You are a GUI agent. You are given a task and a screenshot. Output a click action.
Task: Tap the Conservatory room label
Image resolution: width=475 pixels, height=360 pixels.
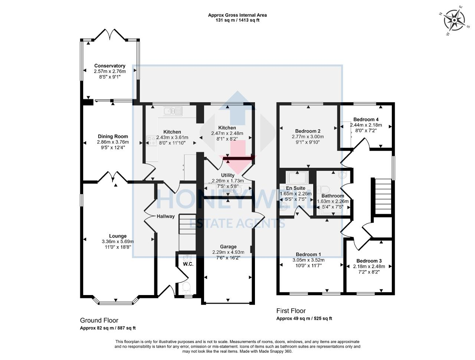(109, 66)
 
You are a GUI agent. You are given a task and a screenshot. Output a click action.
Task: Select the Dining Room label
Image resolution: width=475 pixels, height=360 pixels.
(113, 137)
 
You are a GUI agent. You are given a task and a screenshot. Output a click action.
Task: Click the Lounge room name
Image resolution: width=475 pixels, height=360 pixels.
(118, 236)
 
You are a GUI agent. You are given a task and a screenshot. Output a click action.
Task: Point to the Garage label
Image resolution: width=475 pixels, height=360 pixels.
(228, 247)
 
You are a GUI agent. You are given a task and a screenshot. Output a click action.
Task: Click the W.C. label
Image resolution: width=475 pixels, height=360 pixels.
(188, 264)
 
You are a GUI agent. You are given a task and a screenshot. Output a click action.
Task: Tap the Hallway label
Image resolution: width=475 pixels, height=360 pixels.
(166, 216)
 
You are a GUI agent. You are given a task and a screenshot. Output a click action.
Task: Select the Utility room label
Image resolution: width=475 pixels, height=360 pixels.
(227, 175)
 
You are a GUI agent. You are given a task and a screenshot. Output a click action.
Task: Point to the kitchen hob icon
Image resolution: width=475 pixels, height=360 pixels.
(152, 140)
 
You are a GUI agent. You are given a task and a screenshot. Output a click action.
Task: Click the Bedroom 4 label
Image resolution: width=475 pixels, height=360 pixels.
(366, 120)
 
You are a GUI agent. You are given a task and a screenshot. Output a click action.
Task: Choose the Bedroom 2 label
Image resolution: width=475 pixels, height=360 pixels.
(308, 131)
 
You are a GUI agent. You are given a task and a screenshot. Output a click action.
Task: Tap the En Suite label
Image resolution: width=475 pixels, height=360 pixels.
(296, 188)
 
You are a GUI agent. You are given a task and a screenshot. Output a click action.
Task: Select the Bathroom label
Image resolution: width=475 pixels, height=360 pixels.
(332, 196)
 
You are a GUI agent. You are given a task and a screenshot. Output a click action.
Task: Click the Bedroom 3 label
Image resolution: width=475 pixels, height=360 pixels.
(369, 261)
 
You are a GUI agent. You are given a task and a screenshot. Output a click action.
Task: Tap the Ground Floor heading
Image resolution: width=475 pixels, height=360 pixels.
(99, 320)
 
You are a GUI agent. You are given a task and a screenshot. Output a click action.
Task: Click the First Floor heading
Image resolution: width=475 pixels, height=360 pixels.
(291, 311)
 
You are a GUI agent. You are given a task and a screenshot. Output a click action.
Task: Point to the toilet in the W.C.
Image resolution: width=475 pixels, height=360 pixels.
(187, 287)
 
